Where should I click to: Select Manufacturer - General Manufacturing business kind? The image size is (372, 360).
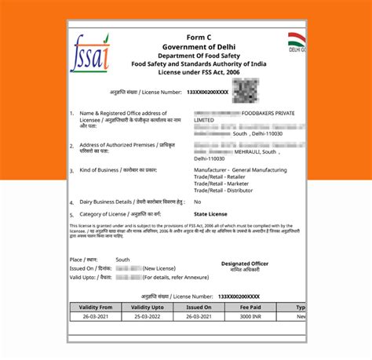pos(240,169)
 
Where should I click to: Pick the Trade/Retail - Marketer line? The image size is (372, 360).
pos(221,183)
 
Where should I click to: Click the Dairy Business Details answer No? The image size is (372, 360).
pos(197,202)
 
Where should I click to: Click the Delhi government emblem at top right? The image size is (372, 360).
pos(295,41)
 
